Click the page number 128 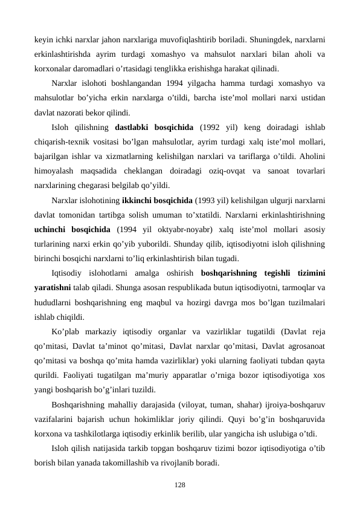click(x=179, y=485)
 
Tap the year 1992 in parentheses click(x=211, y=128)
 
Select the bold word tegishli click(x=272, y=273)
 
